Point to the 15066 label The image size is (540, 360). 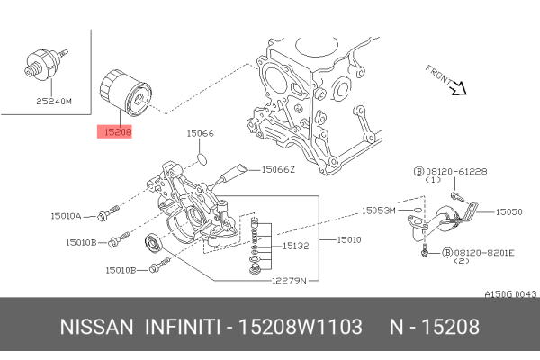(200, 133)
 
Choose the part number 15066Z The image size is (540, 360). (278, 168)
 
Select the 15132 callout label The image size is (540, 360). (296, 245)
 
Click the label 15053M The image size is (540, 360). (378, 210)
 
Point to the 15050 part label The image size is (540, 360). (508, 212)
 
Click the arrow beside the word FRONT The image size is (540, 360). (457, 87)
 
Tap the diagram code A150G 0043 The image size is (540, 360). (510, 294)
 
